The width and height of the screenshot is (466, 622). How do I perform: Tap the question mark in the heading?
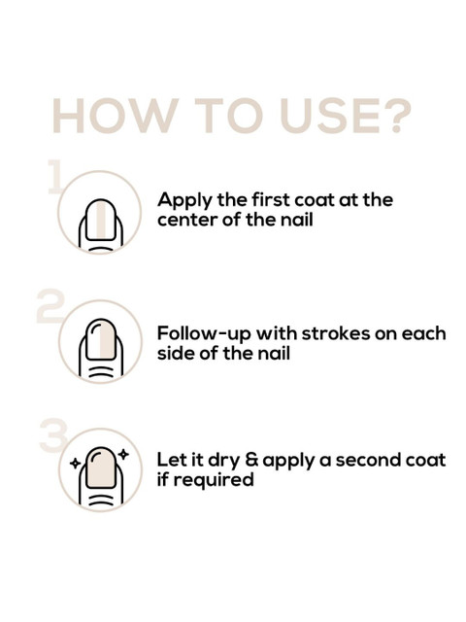click(x=395, y=116)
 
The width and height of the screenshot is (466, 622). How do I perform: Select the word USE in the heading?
click(x=329, y=116)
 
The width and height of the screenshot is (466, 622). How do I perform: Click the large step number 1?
click(x=54, y=177)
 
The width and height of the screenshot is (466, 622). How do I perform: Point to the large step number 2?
click(x=50, y=305)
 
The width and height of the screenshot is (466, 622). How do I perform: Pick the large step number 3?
click(x=53, y=434)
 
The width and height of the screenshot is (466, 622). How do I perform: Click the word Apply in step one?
click(x=185, y=201)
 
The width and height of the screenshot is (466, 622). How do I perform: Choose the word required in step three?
click(x=214, y=480)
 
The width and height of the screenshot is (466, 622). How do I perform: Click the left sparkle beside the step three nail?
click(x=75, y=463)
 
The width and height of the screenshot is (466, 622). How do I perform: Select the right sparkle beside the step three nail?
click(x=124, y=454)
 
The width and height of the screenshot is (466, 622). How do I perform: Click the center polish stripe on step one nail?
click(x=101, y=221)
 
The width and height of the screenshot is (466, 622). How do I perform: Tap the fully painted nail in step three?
click(x=101, y=468)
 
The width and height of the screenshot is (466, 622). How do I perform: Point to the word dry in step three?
click(x=224, y=462)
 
